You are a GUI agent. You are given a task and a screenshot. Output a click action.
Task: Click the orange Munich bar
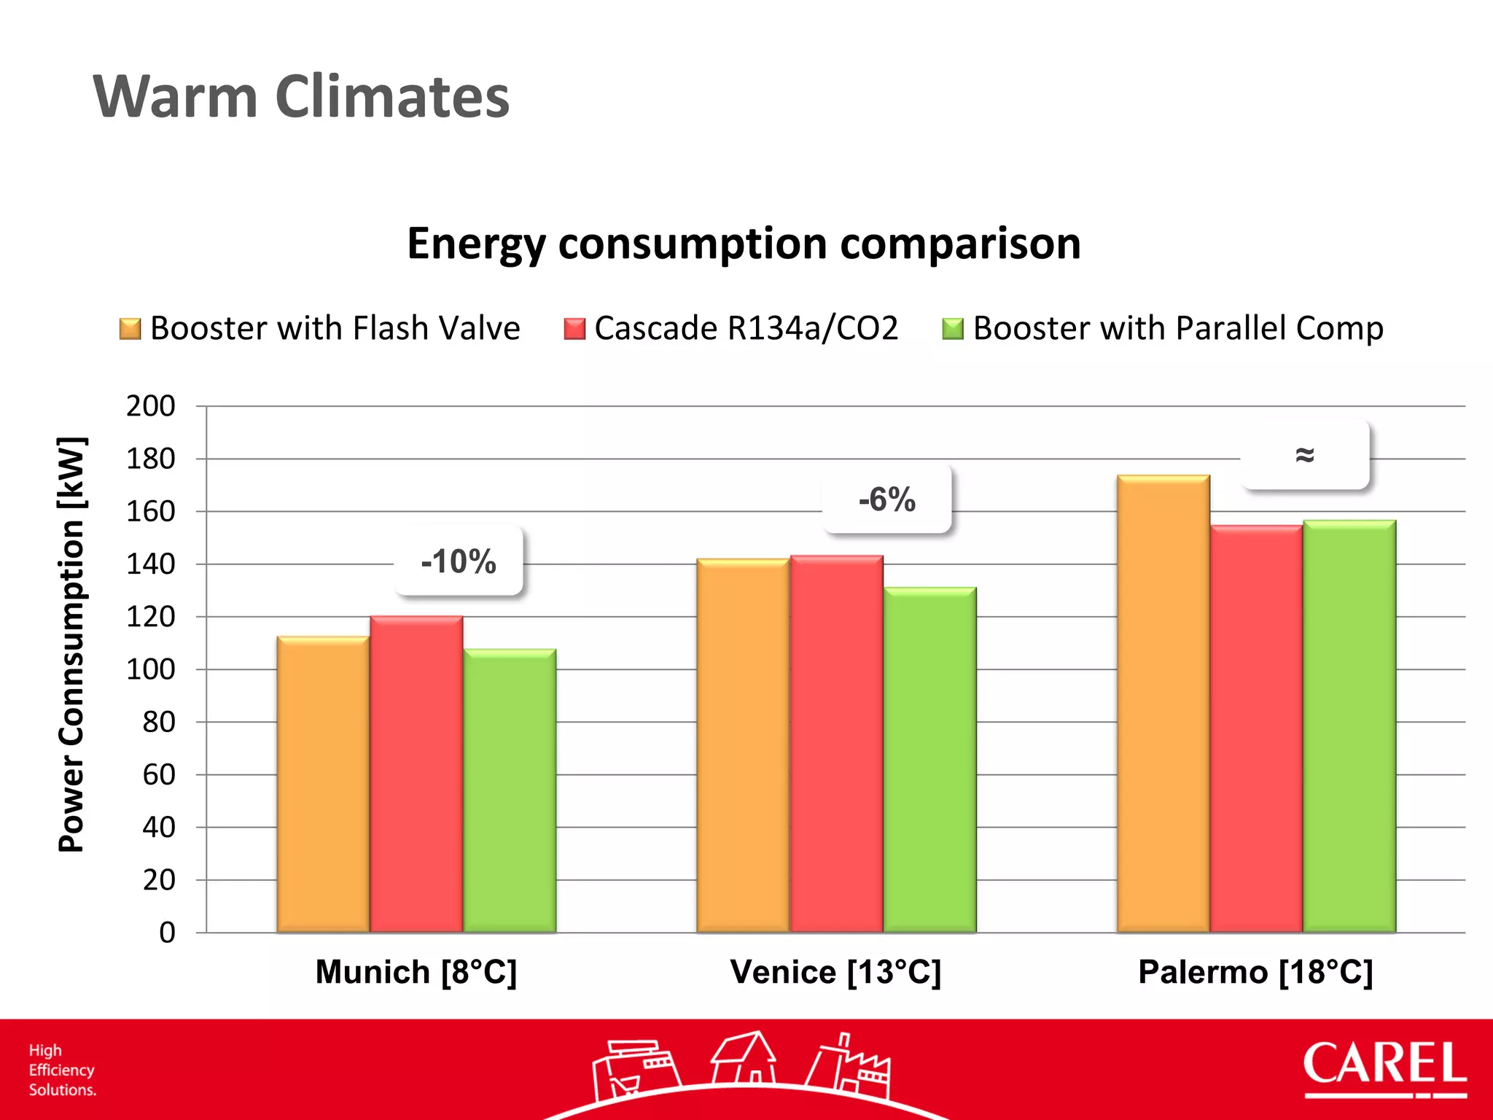click(323, 784)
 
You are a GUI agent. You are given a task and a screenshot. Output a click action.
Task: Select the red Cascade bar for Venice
click(836, 744)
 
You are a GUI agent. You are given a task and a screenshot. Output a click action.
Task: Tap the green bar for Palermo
click(1349, 726)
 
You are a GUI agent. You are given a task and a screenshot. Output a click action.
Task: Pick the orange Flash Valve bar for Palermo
click(1163, 704)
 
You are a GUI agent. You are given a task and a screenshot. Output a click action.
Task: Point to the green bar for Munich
click(510, 791)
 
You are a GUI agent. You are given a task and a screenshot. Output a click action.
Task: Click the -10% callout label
click(459, 561)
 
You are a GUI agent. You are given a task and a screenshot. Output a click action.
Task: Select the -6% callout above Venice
click(886, 499)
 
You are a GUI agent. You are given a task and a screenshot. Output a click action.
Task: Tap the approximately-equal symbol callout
click(1304, 454)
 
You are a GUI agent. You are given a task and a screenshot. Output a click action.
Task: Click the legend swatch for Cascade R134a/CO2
click(574, 329)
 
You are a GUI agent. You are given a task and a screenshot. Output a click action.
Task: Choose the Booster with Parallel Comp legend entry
click(1177, 328)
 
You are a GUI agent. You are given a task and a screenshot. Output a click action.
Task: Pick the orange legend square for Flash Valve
click(130, 329)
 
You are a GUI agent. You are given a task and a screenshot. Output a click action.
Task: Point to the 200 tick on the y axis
click(151, 405)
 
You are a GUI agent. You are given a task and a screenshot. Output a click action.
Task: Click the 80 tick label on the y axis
click(159, 722)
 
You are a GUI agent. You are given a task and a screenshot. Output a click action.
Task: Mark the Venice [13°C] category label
click(835, 972)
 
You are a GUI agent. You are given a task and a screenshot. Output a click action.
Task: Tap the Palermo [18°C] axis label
click(1255, 972)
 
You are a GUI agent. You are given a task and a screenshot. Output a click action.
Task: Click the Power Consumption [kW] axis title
click(72, 645)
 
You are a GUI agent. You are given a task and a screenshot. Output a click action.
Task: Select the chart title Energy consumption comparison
click(744, 243)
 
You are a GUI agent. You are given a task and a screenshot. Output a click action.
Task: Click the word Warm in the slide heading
click(176, 96)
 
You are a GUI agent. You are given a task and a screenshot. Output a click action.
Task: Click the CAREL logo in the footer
click(1384, 1068)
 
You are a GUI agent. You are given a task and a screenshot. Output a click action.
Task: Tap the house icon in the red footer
click(744, 1057)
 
